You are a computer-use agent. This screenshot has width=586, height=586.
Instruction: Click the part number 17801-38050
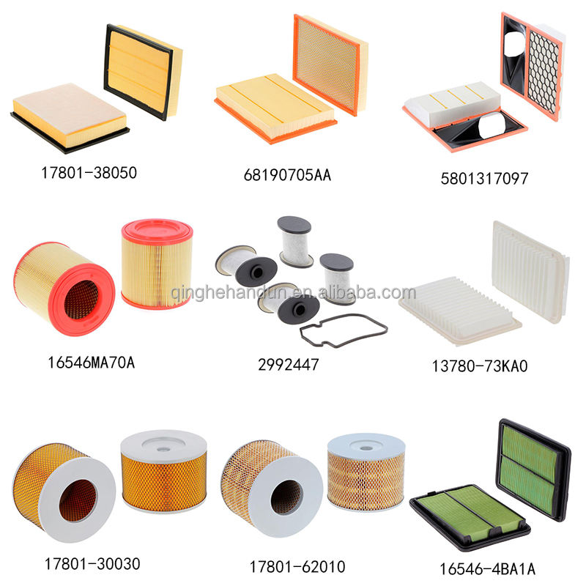pyautogui.click(x=89, y=174)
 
